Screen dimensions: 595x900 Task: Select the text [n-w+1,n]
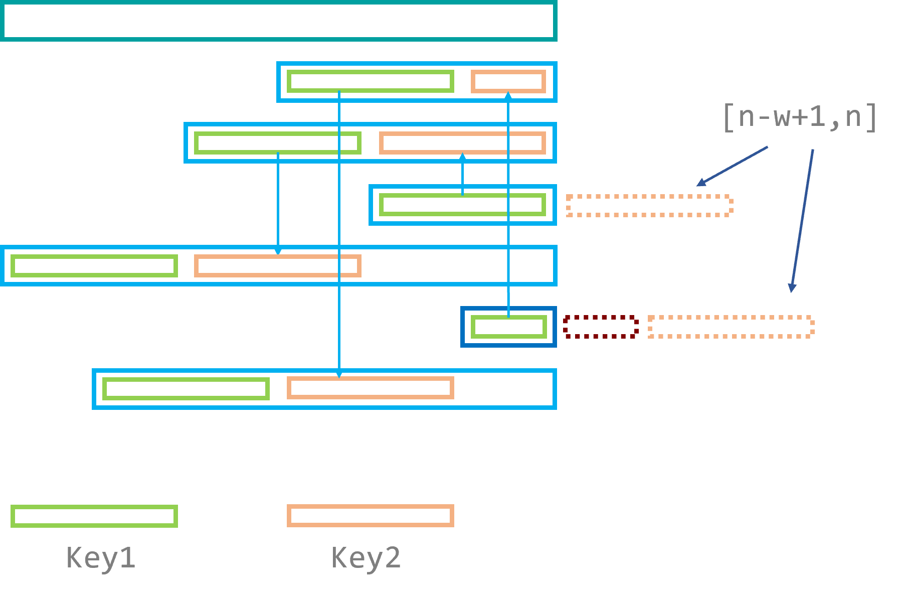tap(799, 117)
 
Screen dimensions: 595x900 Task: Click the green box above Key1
tap(94, 516)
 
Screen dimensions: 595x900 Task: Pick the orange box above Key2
tap(370, 516)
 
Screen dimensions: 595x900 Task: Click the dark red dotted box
tap(600, 327)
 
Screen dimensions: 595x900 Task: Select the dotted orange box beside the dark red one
tap(731, 327)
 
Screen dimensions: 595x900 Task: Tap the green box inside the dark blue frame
tap(508, 327)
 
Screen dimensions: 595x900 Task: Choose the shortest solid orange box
tap(508, 81)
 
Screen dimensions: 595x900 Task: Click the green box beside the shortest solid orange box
tap(370, 81)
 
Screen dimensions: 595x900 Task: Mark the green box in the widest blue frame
tap(94, 266)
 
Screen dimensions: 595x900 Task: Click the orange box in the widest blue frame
tap(277, 266)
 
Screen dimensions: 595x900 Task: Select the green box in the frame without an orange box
tap(462, 205)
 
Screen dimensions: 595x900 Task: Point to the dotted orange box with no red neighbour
tap(649, 206)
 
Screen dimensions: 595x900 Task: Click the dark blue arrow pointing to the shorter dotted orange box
tap(732, 166)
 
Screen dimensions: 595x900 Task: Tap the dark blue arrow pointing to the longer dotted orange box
tap(802, 221)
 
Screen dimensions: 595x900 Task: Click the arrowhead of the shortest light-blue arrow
tap(462, 157)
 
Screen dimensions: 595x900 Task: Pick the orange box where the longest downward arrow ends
tap(370, 388)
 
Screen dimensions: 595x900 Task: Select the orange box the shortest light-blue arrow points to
tap(462, 143)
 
